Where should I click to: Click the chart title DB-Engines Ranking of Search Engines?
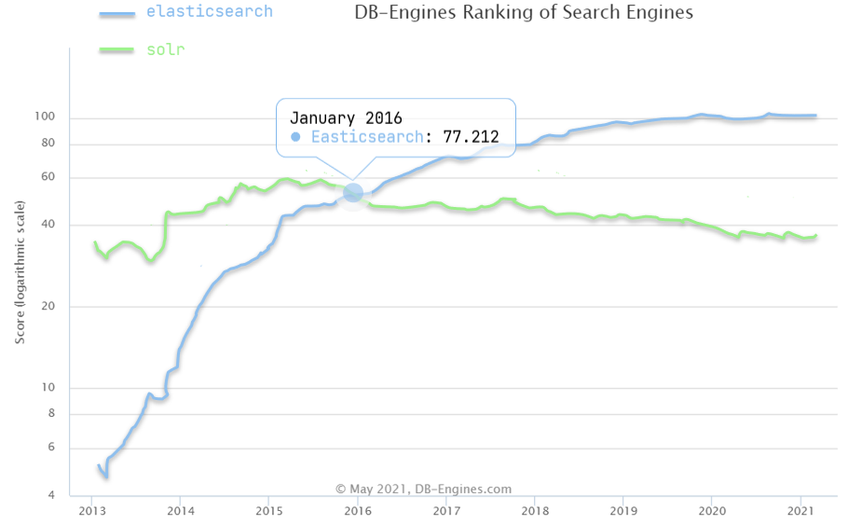point(524,13)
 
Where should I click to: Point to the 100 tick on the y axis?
point(48,117)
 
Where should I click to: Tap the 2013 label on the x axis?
point(92,511)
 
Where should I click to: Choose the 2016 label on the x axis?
point(359,511)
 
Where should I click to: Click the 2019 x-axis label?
point(624,511)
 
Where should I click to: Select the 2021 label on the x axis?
point(802,511)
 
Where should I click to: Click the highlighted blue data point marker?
point(353,192)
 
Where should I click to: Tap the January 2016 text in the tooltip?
point(346,118)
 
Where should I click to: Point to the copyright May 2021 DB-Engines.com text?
point(423,489)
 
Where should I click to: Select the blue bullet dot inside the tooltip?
point(295,137)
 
